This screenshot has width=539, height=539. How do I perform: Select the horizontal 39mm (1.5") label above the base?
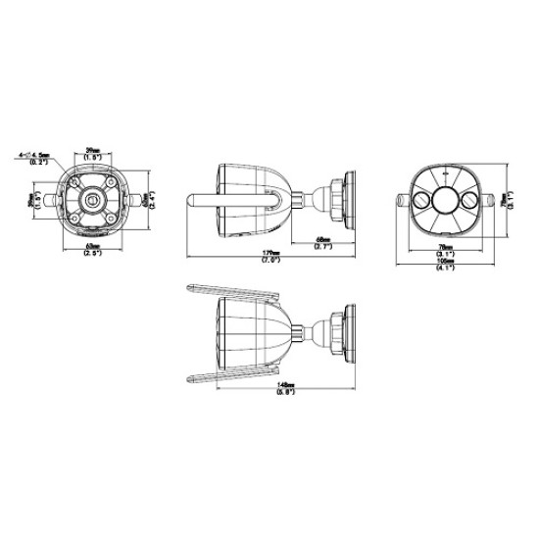click(x=94, y=154)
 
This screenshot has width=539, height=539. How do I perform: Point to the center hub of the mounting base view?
click(x=93, y=199)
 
